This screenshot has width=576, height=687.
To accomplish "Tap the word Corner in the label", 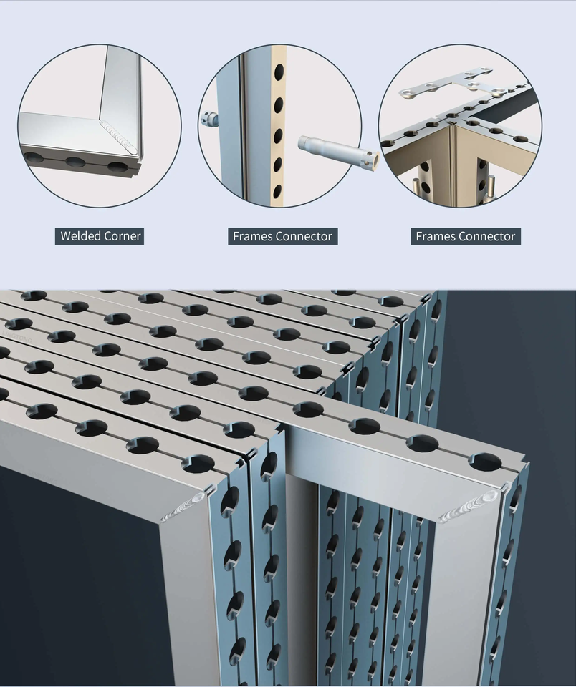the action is coord(121,236).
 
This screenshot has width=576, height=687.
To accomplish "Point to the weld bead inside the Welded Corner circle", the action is coord(119,137).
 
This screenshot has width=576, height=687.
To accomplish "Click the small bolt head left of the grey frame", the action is coord(210,120).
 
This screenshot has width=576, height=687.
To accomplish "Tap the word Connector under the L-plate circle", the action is coord(489,236).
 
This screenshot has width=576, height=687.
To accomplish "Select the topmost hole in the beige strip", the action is coord(279,72).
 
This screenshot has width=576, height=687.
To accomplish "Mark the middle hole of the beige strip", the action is coord(278,136).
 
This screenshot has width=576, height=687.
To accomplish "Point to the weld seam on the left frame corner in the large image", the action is coord(183,507).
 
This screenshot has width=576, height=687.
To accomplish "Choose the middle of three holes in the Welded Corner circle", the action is coord(75,161).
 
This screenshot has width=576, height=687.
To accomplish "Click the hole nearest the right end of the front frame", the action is coord(486,462).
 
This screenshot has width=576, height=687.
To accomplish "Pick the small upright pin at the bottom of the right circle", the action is coord(491,187).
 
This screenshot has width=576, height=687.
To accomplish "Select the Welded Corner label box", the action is coord(100,236).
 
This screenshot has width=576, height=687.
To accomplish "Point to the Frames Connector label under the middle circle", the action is coord(282,236).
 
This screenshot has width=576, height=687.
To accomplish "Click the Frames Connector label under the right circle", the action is coord(466,236).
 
